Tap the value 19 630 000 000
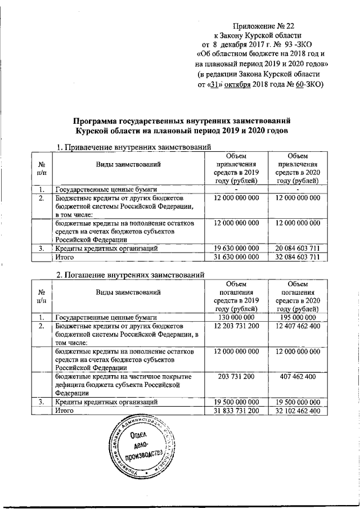pos(237,248)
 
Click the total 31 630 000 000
pos(237,258)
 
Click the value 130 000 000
pos(237,317)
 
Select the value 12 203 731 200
pos(237,326)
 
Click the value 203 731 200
pos(237,376)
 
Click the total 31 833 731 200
pos(237,412)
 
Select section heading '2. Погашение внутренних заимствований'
pos(132,274)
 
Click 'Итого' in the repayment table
pos(64,412)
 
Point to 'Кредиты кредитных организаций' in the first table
pos(106,248)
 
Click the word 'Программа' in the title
pos(94,121)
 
